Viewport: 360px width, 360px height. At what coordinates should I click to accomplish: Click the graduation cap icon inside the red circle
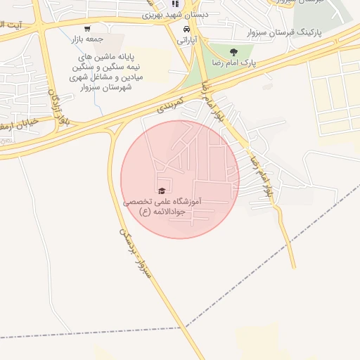pos(162,191)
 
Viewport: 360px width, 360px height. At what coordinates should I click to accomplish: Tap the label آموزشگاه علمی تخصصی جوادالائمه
pos(162,206)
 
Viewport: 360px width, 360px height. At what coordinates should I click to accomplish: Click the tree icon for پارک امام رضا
pos(233,51)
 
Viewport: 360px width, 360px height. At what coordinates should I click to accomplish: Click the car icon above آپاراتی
pos(186,30)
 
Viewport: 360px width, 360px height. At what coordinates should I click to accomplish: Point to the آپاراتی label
pos(185,40)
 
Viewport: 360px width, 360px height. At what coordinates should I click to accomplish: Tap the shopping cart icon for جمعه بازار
pos(86,29)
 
